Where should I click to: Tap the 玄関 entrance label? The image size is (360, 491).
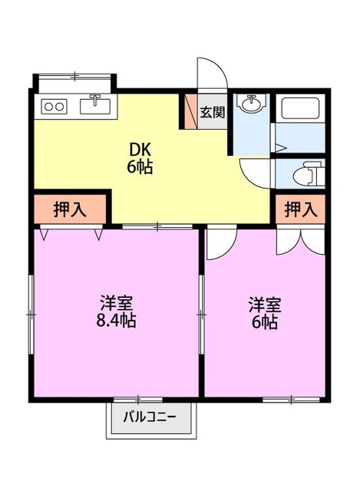tap(212, 113)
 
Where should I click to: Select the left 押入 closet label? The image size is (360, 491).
tap(70, 209)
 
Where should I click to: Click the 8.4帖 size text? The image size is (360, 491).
tap(117, 321)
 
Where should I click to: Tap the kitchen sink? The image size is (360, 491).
tap(95, 104)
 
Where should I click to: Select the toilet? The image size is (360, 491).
tap(306, 173)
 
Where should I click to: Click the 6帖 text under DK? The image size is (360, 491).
tap(140, 167)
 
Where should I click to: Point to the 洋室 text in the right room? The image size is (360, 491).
tap(263, 304)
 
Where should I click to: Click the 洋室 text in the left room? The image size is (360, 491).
tap(117, 302)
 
